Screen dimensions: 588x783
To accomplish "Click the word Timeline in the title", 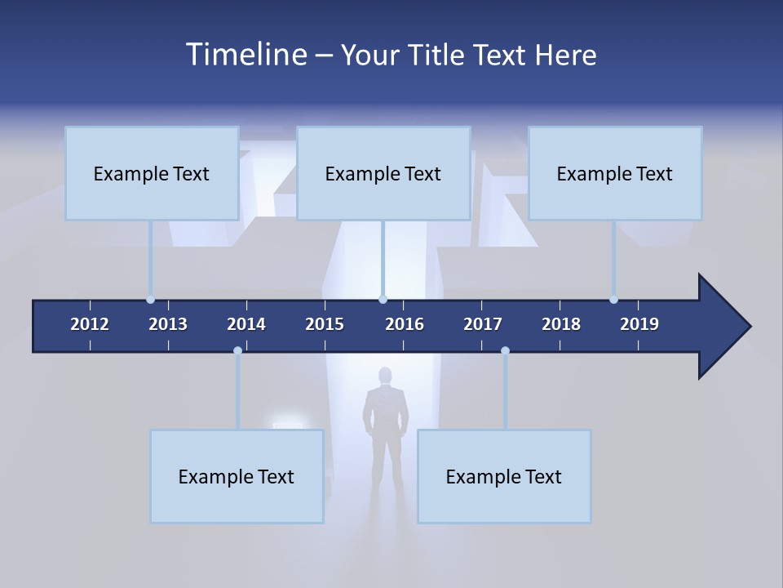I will [x=246, y=55].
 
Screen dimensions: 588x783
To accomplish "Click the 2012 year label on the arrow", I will [x=90, y=324].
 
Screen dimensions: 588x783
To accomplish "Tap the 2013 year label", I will [x=168, y=324].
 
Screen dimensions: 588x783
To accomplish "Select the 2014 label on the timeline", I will [x=246, y=324].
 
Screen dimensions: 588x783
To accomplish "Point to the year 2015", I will [x=325, y=324].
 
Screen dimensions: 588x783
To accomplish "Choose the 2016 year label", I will [x=405, y=324].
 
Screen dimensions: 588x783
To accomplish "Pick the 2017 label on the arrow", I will [x=483, y=324].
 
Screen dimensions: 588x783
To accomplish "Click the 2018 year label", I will [x=561, y=324].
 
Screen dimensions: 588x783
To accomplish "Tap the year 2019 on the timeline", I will [x=639, y=324].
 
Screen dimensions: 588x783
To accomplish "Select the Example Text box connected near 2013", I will [x=152, y=173].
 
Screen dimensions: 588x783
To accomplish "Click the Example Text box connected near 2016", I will [x=383, y=173].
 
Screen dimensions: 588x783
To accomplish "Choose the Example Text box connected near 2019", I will [x=615, y=173].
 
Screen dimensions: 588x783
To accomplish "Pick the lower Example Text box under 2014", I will [x=237, y=476].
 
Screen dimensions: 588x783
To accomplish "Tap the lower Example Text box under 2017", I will [x=504, y=476].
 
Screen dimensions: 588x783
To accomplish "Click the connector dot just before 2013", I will [x=151, y=300].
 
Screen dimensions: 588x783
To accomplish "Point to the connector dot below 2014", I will [x=237, y=351].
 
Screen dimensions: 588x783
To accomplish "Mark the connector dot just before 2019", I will [x=613, y=300].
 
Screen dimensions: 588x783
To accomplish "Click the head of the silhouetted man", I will [x=385, y=376].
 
